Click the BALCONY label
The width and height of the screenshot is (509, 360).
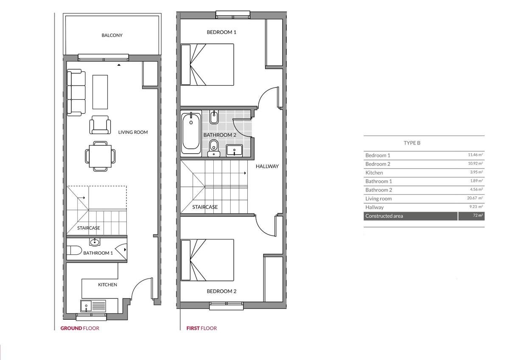[x=112, y=35]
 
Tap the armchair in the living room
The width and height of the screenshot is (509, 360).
[x=100, y=125]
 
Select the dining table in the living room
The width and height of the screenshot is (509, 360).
[x=100, y=156]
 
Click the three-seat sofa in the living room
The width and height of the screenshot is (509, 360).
[x=76, y=93]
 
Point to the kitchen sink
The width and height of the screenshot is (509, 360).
[x=93, y=306]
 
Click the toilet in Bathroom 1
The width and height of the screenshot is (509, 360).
[x=74, y=250]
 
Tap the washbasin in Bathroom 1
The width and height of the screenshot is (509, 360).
[x=94, y=242]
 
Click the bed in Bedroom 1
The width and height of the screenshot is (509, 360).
[x=207, y=65]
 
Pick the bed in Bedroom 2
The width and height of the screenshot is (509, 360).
[x=207, y=260]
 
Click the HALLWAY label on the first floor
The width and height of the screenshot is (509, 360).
[x=267, y=166]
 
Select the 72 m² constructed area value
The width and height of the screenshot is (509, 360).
[x=478, y=215]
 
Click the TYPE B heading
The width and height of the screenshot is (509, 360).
[x=412, y=143]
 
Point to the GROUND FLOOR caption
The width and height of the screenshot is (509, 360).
[x=80, y=328]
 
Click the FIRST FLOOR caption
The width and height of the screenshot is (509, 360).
[x=201, y=328]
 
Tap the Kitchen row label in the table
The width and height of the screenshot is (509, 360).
[x=374, y=173]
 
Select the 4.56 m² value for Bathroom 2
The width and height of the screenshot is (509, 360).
[x=476, y=189]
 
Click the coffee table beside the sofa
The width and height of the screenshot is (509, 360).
[x=100, y=92]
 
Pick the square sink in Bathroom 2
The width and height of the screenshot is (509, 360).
[x=234, y=151]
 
